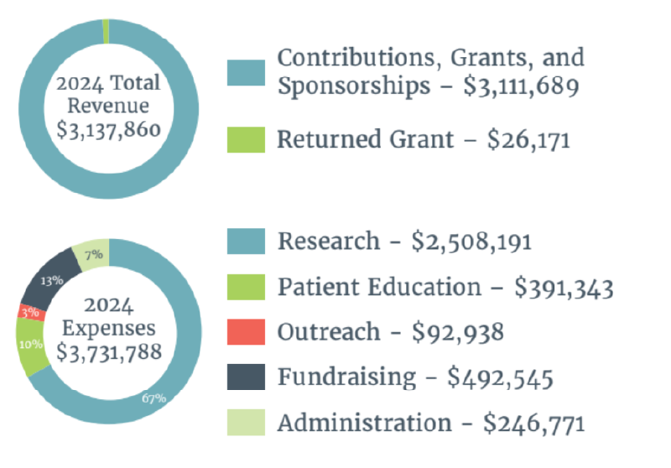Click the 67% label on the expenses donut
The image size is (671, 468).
[x=153, y=398]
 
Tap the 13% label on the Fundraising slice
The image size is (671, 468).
[x=51, y=280]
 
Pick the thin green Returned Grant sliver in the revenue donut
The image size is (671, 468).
[x=106, y=30]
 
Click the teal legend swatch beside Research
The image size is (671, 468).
[x=246, y=241]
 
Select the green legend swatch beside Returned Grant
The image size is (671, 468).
[x=246, y=139]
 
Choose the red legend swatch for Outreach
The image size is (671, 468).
[x=246, y=331]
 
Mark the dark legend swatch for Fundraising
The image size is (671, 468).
[x=246, y=377]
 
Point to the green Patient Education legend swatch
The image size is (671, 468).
[x=246, y=286]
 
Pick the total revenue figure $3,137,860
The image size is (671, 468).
[x=108, y=130]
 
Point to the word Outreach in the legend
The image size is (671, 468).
[x=328, y=331]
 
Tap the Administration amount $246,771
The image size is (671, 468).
[x=533, y=423]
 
